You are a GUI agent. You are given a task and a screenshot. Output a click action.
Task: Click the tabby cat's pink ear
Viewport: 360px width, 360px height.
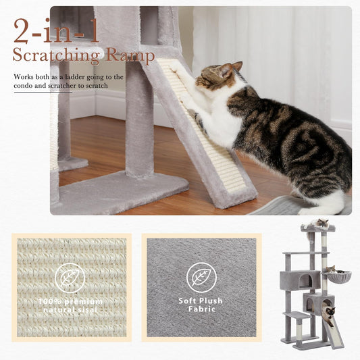(236, 68)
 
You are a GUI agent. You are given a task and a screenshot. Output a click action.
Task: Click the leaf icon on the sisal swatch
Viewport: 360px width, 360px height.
(70, 279)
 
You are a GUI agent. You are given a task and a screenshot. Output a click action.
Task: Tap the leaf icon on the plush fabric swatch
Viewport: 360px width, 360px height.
(201, 277)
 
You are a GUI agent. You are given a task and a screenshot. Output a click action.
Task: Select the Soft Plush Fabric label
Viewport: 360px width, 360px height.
(201, 305)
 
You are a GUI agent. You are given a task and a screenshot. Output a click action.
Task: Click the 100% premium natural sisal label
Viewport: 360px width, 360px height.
(70, 305)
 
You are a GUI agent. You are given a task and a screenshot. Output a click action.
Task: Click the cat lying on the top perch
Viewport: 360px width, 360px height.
(319, 224)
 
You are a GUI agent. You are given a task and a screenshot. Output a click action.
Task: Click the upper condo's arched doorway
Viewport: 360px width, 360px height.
(305, 280)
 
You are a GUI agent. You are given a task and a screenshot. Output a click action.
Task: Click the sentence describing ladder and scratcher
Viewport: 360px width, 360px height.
(68, 82)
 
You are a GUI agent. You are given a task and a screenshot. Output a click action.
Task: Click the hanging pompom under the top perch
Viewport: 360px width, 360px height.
(310, 238)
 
